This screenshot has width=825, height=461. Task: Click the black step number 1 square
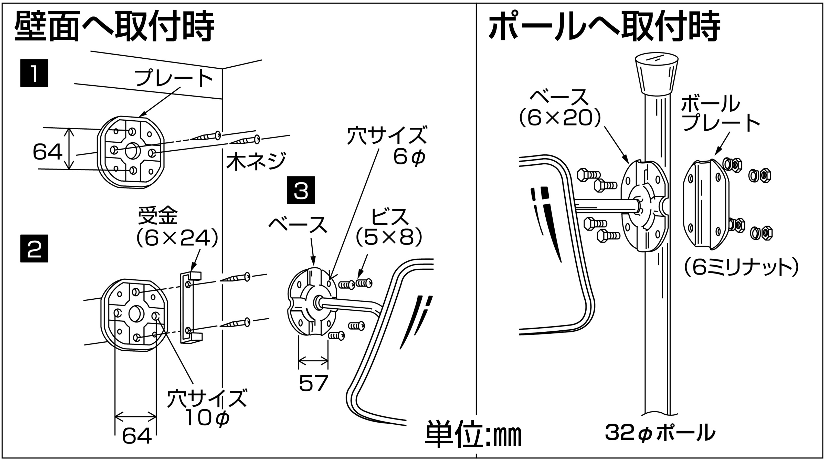click(x=34, y=73)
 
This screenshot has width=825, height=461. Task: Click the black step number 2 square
click(x=34, y=249)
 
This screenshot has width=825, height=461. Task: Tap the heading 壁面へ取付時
click(x=114, y=27)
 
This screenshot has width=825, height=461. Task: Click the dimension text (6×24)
click(x=177, y=238)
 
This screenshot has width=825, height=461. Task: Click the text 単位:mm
click(x=473, y=435)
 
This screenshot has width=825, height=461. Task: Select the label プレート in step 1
click(x=174, y=78)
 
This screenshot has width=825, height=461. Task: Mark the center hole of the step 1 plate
click(x=131, y=151)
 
